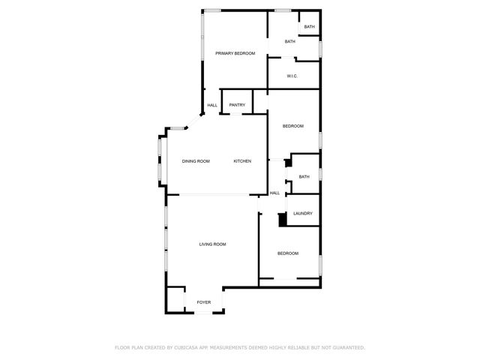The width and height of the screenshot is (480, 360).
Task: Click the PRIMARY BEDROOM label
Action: (235, 53)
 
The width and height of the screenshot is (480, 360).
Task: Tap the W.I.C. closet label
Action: (293, 76)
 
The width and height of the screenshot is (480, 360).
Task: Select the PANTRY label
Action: (237, 105)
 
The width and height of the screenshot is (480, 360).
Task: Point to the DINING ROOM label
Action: (196, 161)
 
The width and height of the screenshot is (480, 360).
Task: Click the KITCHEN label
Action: (242, 161)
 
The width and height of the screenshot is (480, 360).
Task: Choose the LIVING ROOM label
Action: (212, 244)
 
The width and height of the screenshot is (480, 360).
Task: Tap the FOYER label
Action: (204, 302)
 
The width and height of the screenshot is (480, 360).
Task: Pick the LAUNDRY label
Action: (303, 214)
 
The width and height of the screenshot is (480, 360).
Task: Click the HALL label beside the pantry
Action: (212, 105)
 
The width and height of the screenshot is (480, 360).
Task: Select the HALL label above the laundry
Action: (274, 193)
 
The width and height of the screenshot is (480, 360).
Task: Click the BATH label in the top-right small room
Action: (309, 27)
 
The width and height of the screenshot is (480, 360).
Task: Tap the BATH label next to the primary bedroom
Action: (289, 41)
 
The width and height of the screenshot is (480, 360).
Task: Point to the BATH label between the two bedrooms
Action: (304, 177)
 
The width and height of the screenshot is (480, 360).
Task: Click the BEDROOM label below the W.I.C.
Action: (292, 126)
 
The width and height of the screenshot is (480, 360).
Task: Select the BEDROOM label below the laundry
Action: (288, 253)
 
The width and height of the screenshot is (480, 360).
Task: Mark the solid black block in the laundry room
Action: (283, 219)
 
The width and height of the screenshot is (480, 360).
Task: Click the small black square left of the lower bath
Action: (287, 163)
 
